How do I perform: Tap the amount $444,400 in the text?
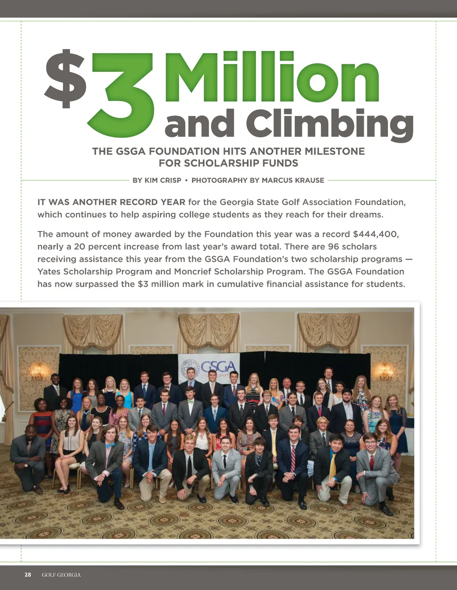[x=375, y=234]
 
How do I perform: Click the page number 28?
[x=28, y=575]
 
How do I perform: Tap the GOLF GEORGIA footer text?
[x=61, y=575]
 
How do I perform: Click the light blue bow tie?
[x=110, y=445]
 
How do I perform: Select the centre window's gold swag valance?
[x=209, y=330]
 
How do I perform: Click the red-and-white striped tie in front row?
[x=293, y=457]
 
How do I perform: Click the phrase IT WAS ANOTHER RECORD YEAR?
[x=111, y=202]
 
